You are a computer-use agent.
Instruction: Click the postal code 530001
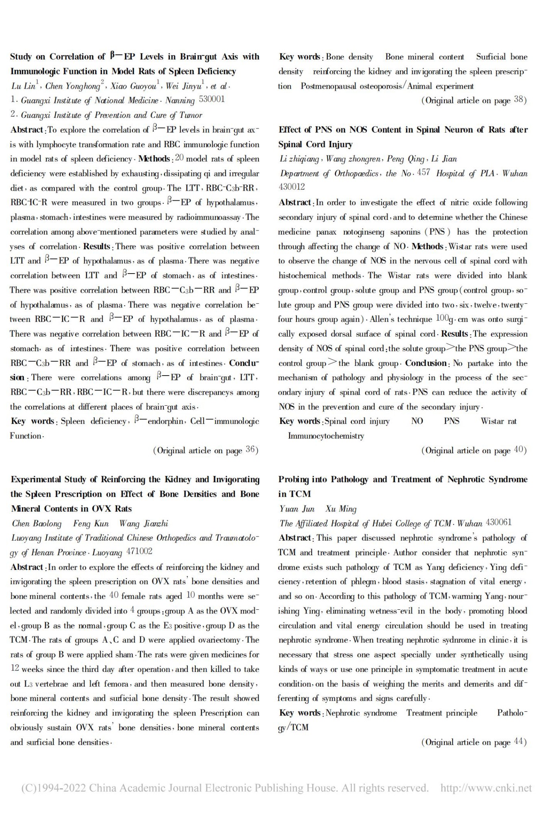[212, 100]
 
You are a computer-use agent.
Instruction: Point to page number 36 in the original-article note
[251, 450]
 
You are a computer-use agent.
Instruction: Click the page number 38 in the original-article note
[519, 100]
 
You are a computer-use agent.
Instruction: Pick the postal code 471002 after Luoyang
[139, 552]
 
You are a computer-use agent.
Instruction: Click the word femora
[116, 684]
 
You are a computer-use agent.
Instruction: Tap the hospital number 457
[423, 173]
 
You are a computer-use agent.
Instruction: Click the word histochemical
[302, 276]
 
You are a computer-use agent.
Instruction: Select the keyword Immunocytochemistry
[326, 436]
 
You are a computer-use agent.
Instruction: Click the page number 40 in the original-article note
[519, 450]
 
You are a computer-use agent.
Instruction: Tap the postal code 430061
[499, 523]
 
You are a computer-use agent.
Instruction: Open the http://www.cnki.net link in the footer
[486, 788]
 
